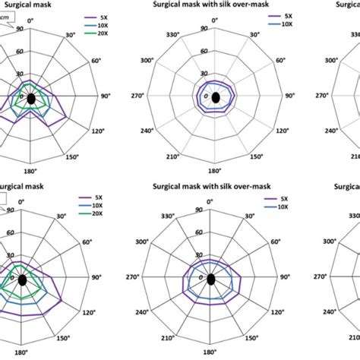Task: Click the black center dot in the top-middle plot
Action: [216, 98]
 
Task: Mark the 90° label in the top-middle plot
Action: [290, 96]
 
